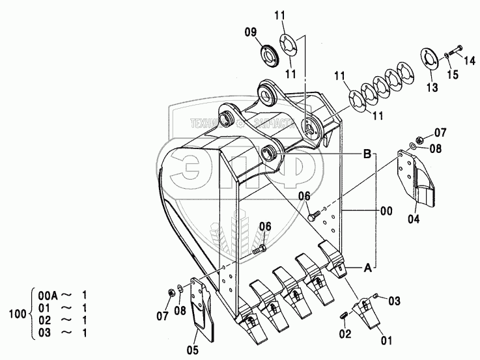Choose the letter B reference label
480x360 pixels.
[x=367, y=155]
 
